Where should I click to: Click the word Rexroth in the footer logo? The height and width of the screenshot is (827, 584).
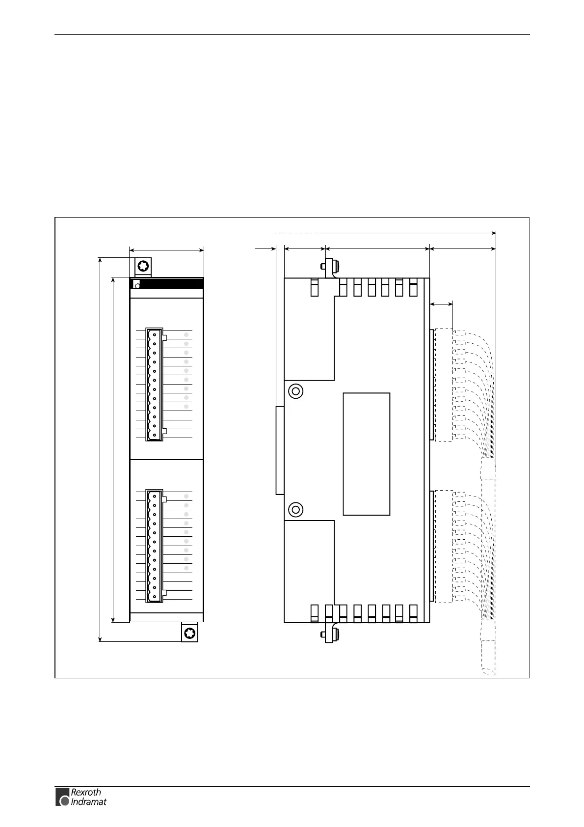tap(86, 792)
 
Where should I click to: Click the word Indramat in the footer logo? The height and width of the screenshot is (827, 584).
tap(88, 802)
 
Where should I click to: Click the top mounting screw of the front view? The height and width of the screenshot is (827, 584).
tap(143, 267)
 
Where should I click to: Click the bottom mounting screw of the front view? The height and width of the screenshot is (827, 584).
tap(189, 633)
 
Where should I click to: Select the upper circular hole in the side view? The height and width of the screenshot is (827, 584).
tap(295, 391)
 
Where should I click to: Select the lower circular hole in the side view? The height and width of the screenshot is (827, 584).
tap(295, 510)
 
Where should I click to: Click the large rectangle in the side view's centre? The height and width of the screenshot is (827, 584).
tap(366, 454)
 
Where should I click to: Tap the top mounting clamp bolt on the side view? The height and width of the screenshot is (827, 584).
tap(330, 266)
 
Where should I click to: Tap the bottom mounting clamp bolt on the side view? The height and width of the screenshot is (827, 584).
tap(330, 635)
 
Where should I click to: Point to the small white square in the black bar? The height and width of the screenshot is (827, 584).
tap(137, 284)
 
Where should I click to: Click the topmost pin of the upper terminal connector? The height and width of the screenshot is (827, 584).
tap(154, 334)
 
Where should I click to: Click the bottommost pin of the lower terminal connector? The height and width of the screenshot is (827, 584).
tap(154, 597)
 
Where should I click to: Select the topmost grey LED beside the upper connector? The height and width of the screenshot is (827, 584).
tap(186, 334)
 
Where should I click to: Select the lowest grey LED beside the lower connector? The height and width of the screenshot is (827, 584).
tap(186, 568)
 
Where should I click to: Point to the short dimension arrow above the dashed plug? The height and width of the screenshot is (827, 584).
tap(441, 305)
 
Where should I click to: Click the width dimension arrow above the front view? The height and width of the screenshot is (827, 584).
tap(166, 250)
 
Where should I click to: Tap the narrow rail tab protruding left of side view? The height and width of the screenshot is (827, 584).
tap(280, 450)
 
